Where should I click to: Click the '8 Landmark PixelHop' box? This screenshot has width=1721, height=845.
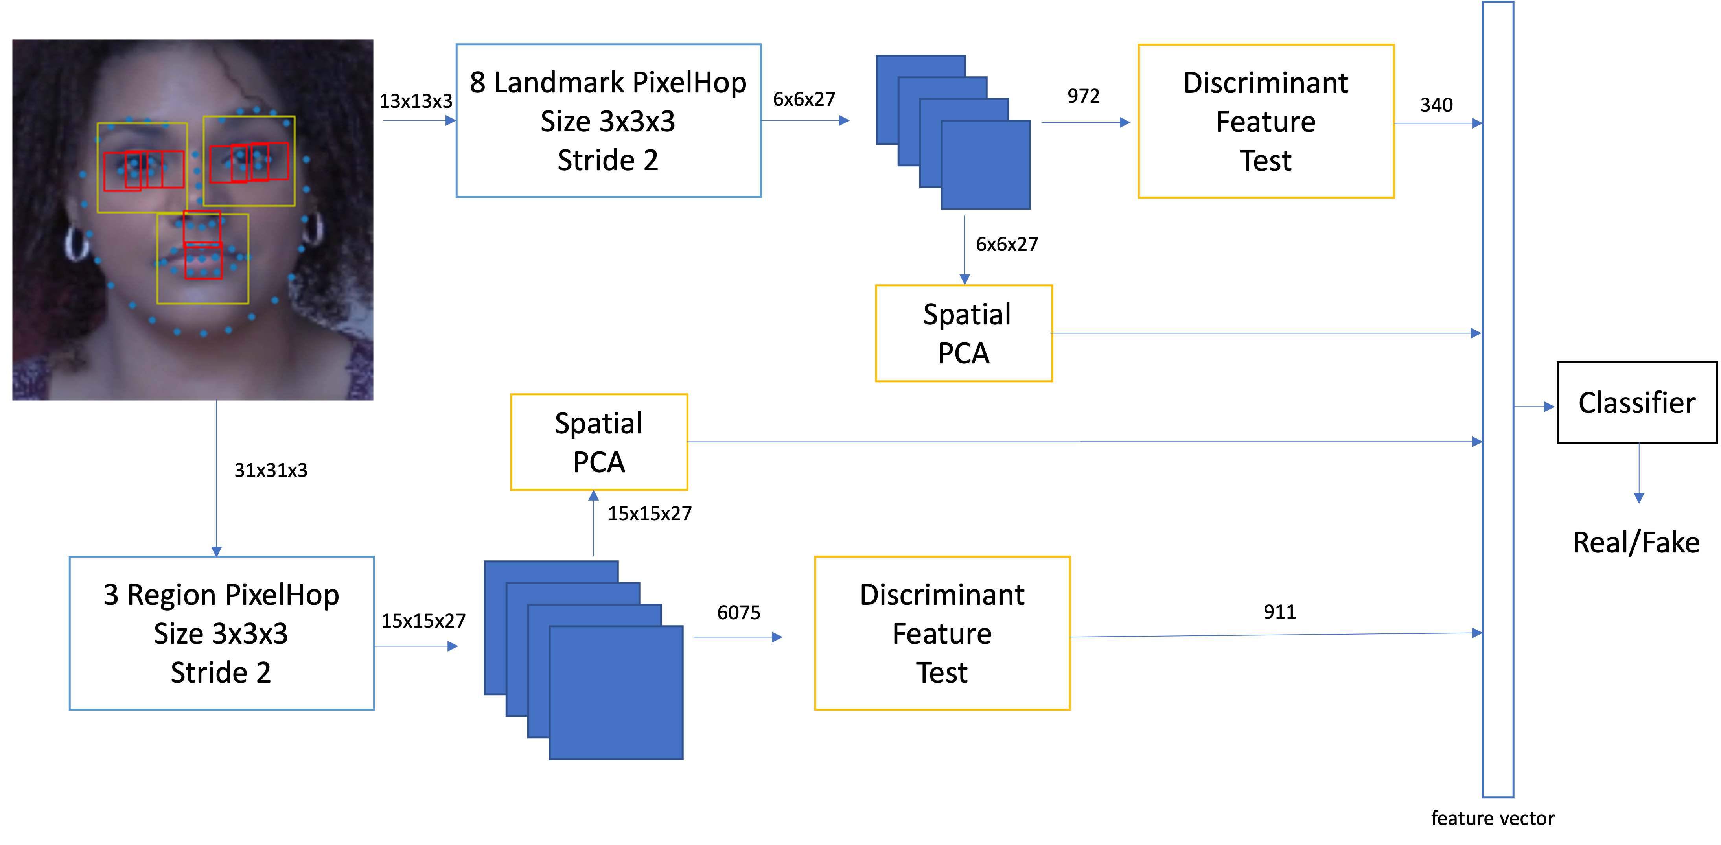[608, 121]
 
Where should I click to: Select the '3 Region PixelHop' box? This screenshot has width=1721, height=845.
[221, 633]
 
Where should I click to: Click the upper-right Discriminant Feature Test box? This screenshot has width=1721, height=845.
[1265, 122]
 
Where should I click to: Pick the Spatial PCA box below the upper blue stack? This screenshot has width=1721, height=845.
[963, 333]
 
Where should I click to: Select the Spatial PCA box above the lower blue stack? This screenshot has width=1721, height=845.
[598, 442]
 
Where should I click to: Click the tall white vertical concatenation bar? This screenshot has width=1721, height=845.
[1498, 401]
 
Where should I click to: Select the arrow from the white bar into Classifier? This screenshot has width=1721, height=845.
[1534, 406]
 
